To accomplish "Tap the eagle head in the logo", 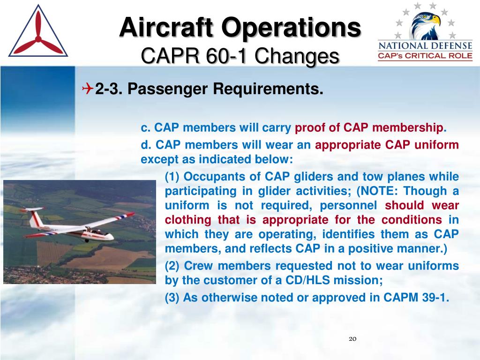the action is point(426,26).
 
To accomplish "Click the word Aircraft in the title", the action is point(166,27).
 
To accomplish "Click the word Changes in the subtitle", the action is point(297,57).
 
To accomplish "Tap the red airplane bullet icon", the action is point(88,89).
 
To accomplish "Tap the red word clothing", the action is point(188,220).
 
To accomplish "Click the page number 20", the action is point(352,338).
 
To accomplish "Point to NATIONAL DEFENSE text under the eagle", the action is point(425,46).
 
